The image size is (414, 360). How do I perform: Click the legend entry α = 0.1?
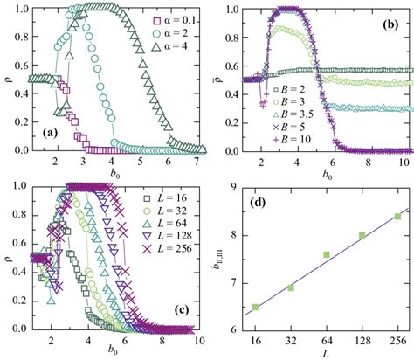[x=164, y=16]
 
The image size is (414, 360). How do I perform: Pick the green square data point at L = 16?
[x=255, y=307]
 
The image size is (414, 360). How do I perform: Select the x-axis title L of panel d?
[x=326, y=352]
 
